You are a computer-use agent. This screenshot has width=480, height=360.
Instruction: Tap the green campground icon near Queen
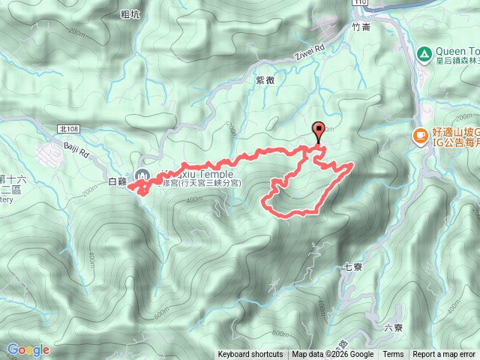tap(424, 54)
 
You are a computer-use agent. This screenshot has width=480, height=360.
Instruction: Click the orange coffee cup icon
tap(418, 136)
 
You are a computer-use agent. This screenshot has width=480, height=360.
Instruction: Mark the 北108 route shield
tap(68, 130)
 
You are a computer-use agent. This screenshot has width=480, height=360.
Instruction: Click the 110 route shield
tap(361, 4)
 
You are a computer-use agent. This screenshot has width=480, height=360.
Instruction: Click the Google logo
tap(28, 349)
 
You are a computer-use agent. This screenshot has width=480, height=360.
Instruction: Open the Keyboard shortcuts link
tap(250, 355)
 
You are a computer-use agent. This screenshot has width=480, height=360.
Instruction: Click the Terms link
tap(393, 355)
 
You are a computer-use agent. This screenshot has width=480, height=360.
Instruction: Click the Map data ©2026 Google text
tap(333, 355)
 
